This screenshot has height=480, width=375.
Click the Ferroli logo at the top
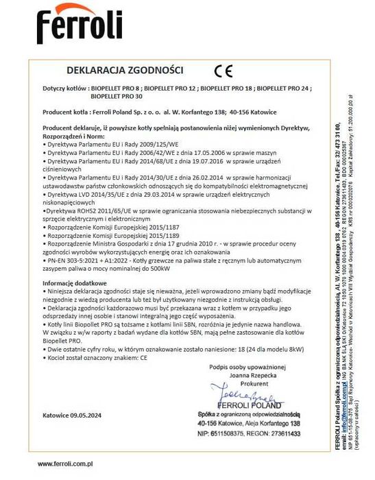tap(79, 27)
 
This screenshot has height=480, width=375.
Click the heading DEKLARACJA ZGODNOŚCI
tap(124, 69)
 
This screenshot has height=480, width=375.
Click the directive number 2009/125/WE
tap(157, 144)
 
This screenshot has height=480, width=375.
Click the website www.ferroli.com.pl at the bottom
tap(65, 464)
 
